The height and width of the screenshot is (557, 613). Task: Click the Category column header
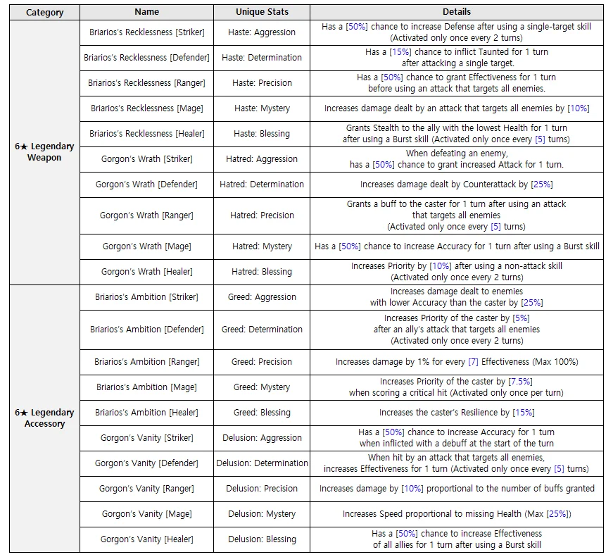click(44, 12)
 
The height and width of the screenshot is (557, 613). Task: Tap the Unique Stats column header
click(262, 12)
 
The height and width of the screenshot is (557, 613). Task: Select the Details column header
click(457, 12)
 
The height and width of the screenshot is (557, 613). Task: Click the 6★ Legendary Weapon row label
click(44, 152)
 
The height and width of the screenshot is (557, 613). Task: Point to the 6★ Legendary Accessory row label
click(44, 418)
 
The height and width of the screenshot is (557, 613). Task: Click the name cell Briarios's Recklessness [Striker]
click(146, 32)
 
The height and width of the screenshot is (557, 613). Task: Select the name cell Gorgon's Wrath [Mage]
click(146, 246)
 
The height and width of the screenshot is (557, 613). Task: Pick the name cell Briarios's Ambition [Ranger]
click(146, 362)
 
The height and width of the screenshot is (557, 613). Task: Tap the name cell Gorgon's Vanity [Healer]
click(146, 539)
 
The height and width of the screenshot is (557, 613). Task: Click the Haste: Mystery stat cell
click(262, 108)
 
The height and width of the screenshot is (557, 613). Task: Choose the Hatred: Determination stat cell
click(262, 184)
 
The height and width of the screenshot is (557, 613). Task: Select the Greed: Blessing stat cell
click(262, 413)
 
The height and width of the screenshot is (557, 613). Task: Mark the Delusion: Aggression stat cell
click(262, 438)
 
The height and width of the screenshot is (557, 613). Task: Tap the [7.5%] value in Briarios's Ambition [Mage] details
click(522, 382)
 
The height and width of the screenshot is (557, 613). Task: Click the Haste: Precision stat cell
click(262, 83)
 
